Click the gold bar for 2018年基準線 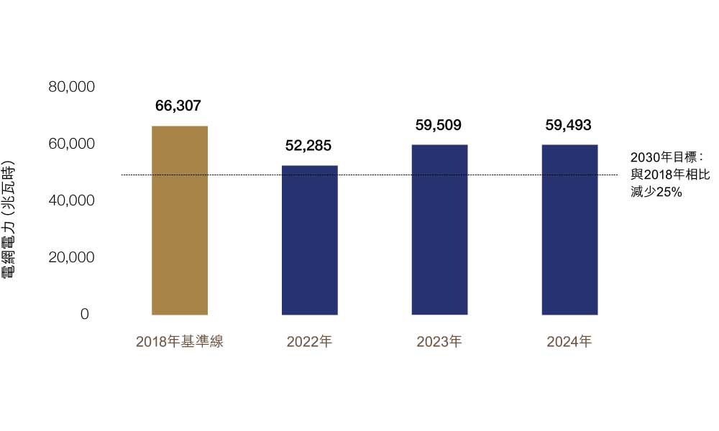[x=180, y=221]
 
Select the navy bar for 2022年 [x=309, y=240]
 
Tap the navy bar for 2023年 [x=439, y=230]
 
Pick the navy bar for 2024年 [x=569, y=230]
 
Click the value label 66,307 [x=178, y=106]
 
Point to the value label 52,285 [x=308, y=146]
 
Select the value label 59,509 [x=439, y=125]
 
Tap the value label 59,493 [x=569, y=125]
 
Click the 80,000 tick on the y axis [x=72, y=87]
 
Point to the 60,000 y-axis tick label [x=72, y=144]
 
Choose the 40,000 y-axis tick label [x=72, y=200]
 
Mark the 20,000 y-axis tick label [x=72, y=257]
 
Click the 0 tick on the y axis [x=85, y=315]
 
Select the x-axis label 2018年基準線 [x=180, y=342]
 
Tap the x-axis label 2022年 [x=309, y=342]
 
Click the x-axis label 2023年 [x=439, y=342]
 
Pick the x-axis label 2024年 [x=569, y=342]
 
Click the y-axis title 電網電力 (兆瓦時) [x=9, y=223]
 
